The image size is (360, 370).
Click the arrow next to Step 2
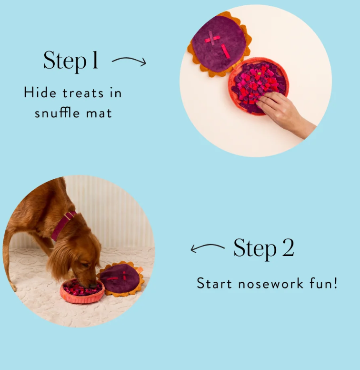(x=207, y=247)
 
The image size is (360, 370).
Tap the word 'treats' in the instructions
(x=83, y=93)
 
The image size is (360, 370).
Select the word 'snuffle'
(x=57, y=113)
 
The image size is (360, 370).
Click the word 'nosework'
(x=270, y=283)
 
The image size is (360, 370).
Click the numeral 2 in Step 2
(x=288, y=247)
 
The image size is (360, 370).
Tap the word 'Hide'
(x=40, y=92)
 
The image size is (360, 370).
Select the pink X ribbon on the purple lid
(x=212, y=39)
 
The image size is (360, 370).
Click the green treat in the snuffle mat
(x=259, y=73)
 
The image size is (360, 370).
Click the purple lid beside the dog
(x=120, y=278)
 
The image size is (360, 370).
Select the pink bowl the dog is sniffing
(x=82, y=292)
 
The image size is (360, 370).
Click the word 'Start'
(x=214, y=283)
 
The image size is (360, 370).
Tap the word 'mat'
(x=99, y=113)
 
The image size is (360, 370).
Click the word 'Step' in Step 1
(x=65, y=61)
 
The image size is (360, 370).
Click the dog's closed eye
(x=85, y=265)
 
